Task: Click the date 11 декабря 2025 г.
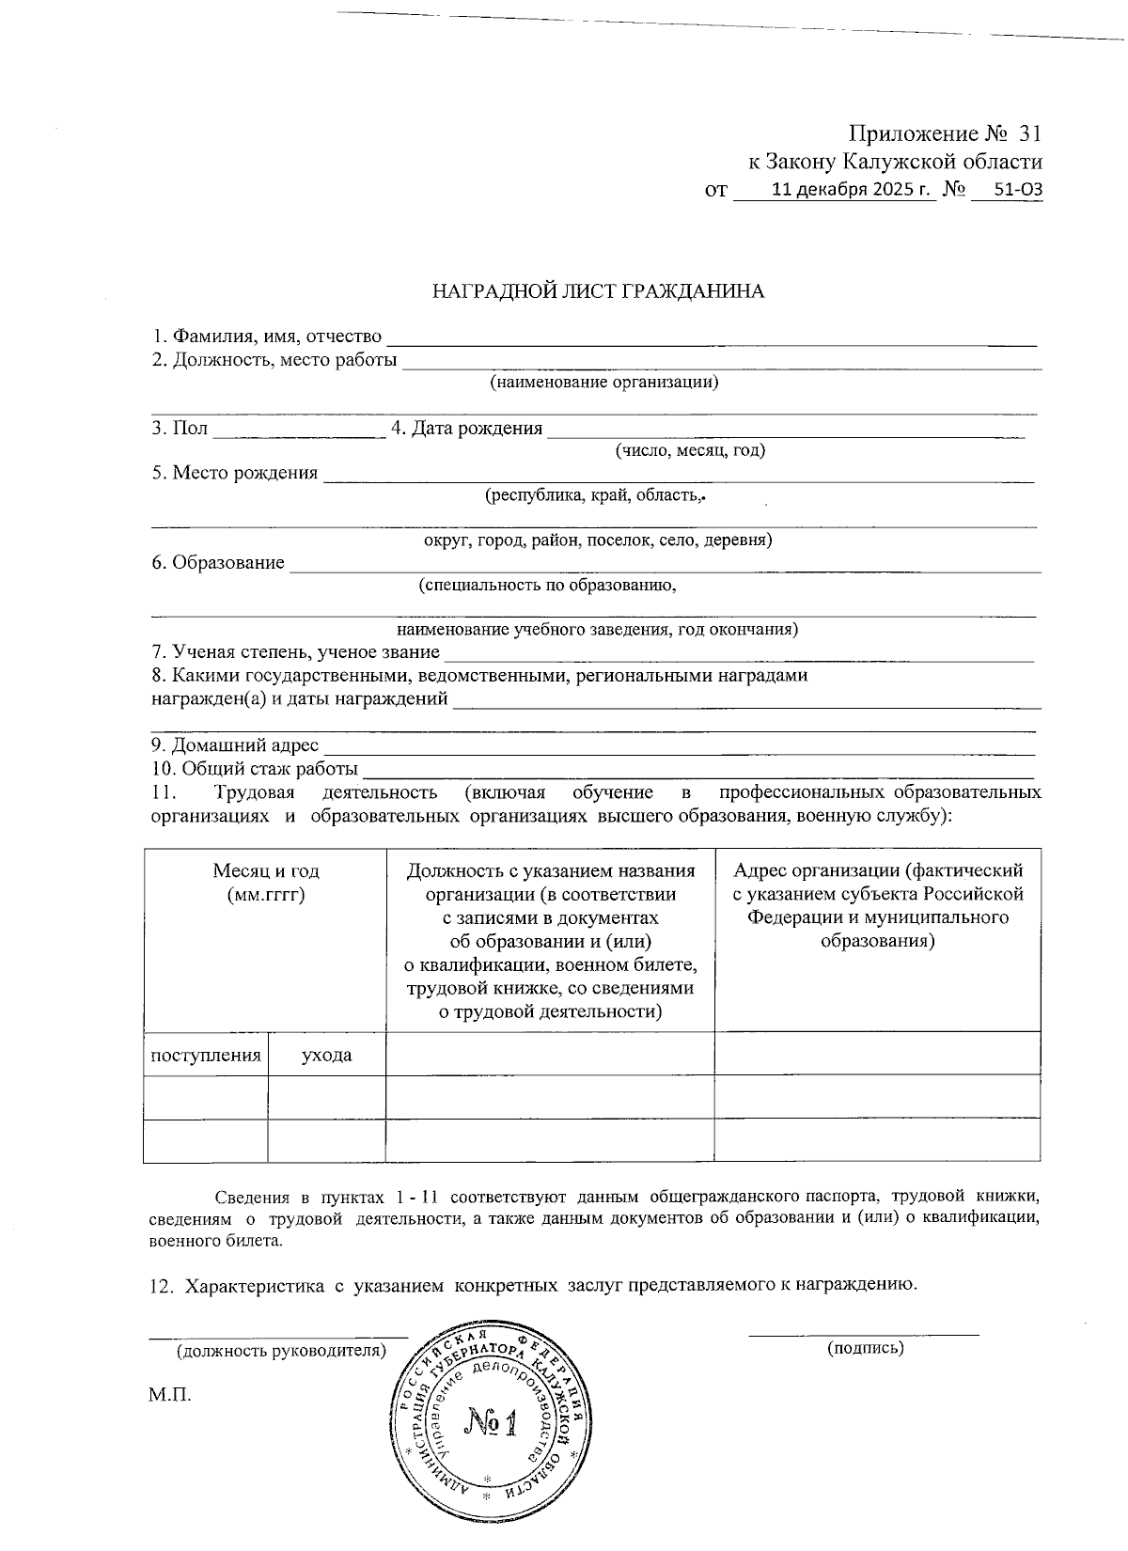852,190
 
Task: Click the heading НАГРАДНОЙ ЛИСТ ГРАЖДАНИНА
598,291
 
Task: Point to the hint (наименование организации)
603,382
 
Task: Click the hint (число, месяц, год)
690,450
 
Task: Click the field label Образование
228,563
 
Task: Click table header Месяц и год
265,871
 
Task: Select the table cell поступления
206,1055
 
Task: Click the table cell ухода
326,1055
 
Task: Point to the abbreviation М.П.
170,1394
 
